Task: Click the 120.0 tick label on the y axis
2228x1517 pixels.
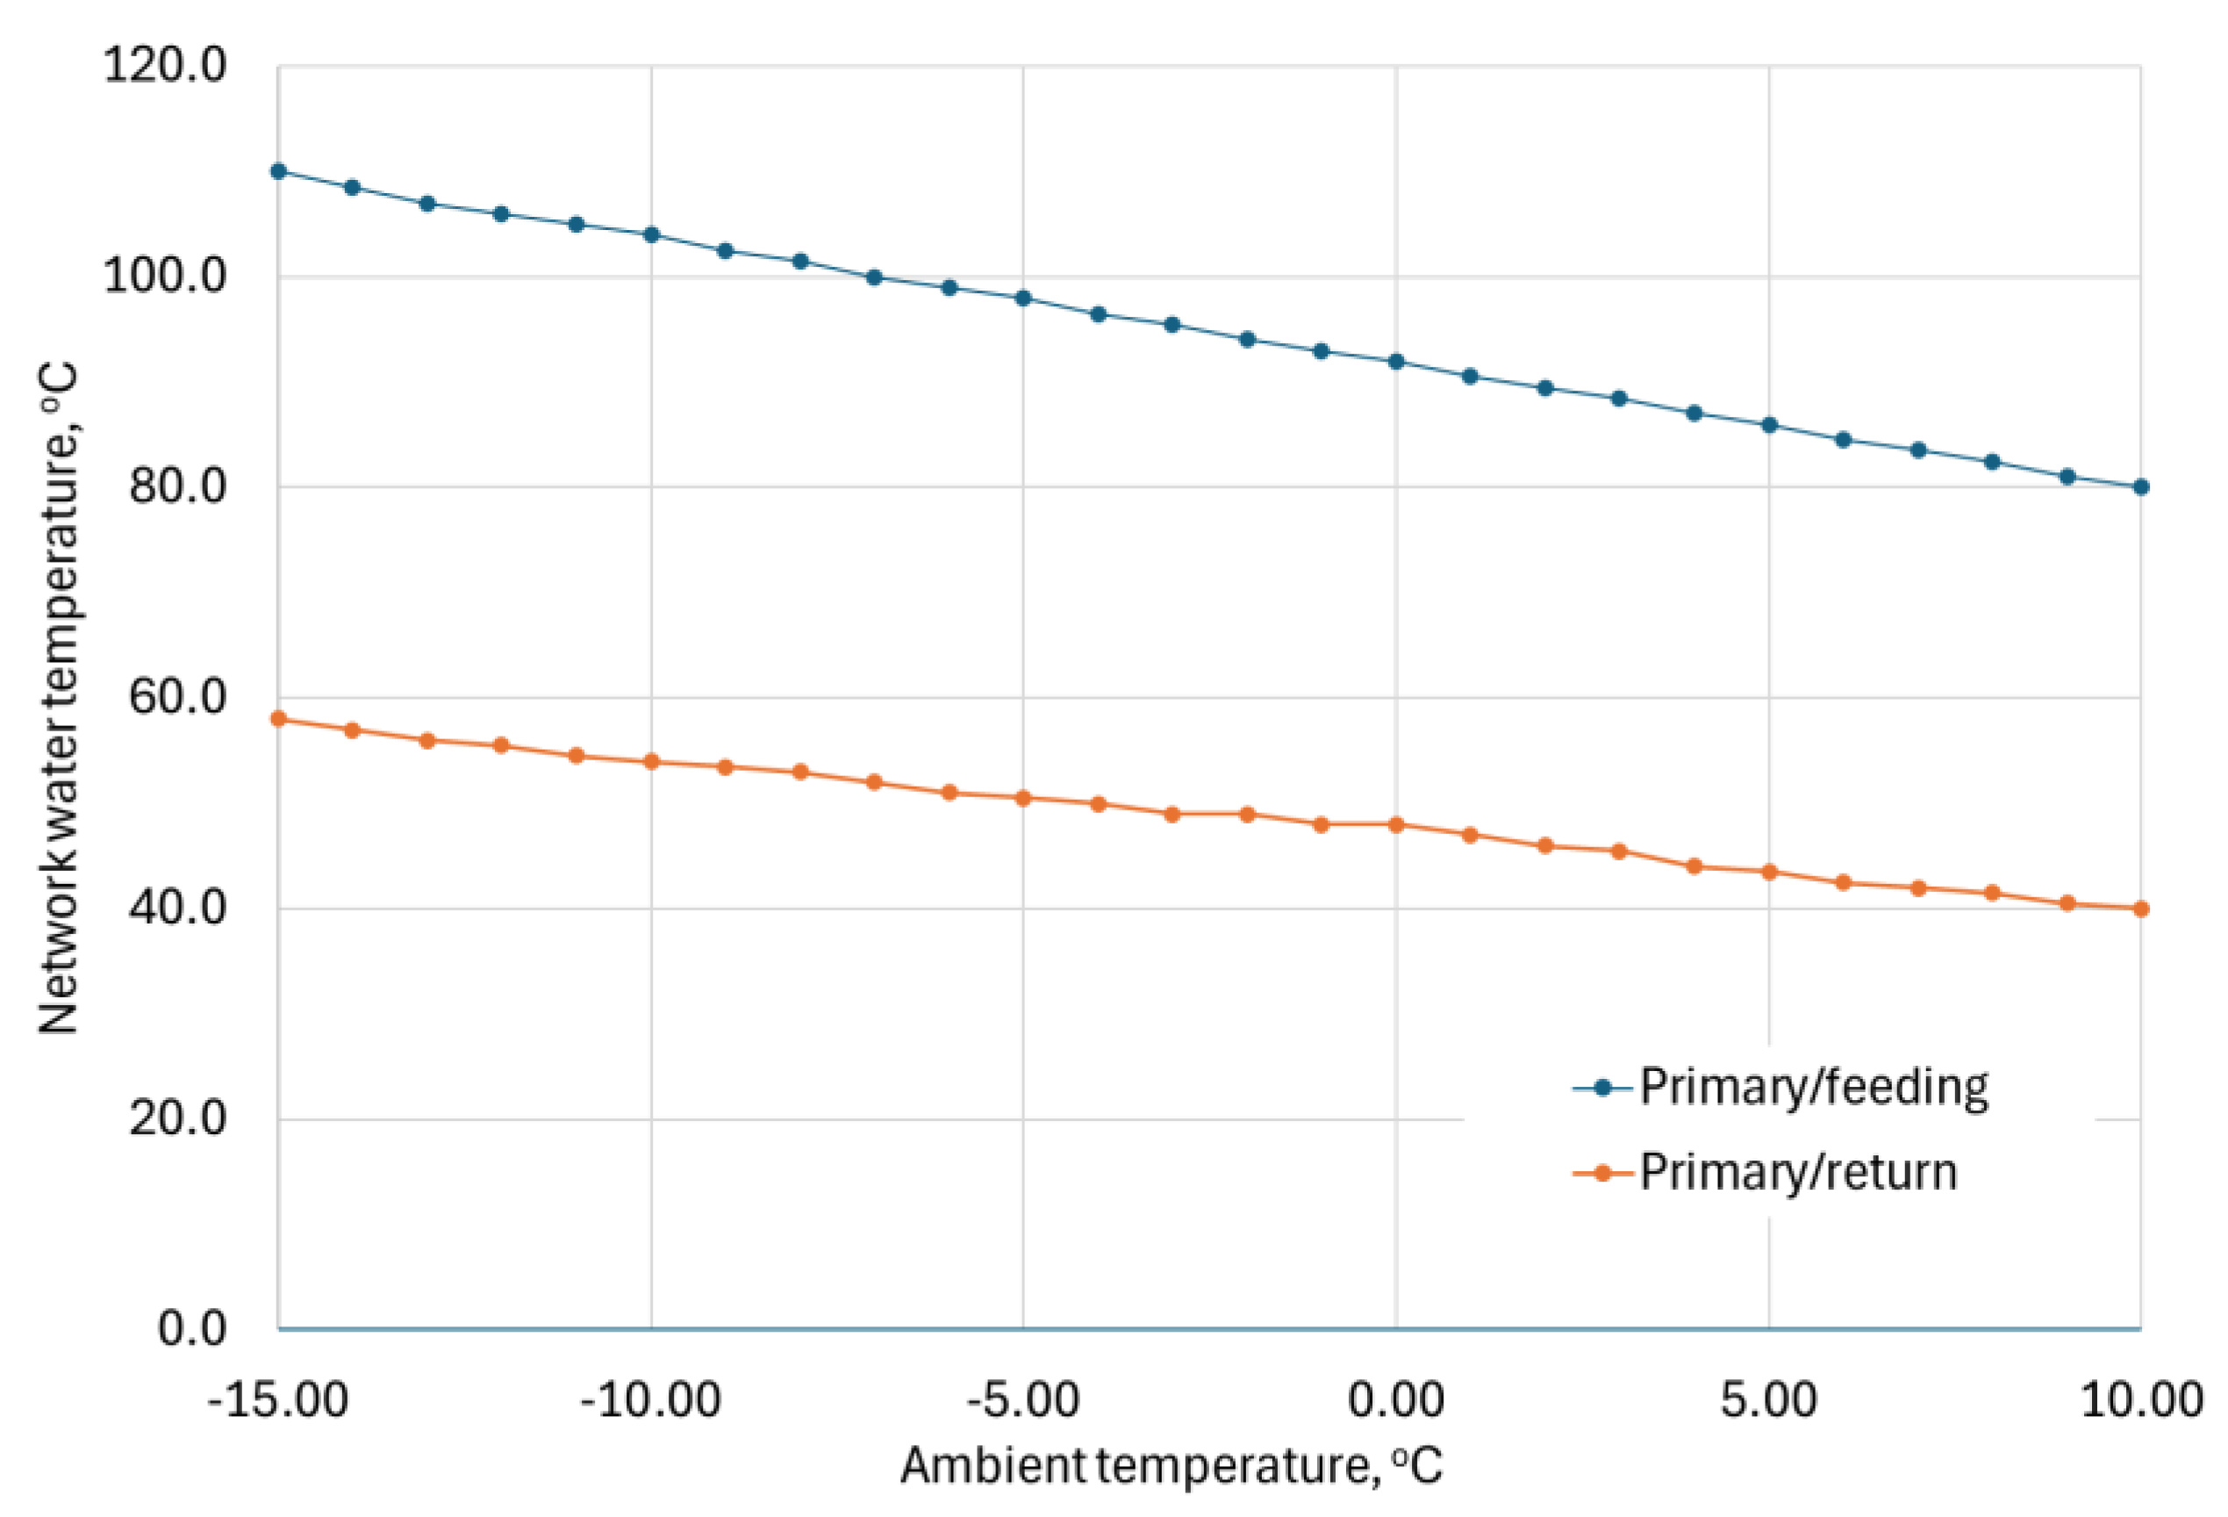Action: coord(164,66)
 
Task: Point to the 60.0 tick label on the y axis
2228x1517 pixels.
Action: coord(177,697)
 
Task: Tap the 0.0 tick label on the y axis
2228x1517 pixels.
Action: coord(192,1329)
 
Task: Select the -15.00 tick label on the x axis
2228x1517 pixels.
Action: coord(278,1400)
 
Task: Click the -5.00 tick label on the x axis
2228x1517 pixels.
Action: coord(1023,1400)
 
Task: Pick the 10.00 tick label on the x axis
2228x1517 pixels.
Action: coord(2141,1400)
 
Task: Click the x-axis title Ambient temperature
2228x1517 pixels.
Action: coord(1171,1466)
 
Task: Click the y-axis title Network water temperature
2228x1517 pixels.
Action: coord(60,697)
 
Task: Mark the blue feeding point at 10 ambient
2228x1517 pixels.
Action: coord(2141,487)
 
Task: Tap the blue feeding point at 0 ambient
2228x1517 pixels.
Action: coord(1396,362)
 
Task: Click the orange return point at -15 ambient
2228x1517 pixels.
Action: coord(279,719)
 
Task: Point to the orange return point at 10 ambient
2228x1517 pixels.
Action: coord(2141,909)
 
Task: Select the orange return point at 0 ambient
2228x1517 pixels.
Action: coord(1396,824)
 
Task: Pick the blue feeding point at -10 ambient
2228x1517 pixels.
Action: coord(651,235)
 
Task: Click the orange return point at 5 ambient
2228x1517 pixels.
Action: coord(1769,873)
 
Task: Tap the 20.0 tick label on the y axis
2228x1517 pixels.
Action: coord(177,1118)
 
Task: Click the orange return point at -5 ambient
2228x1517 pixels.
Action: coord(1023,798)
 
